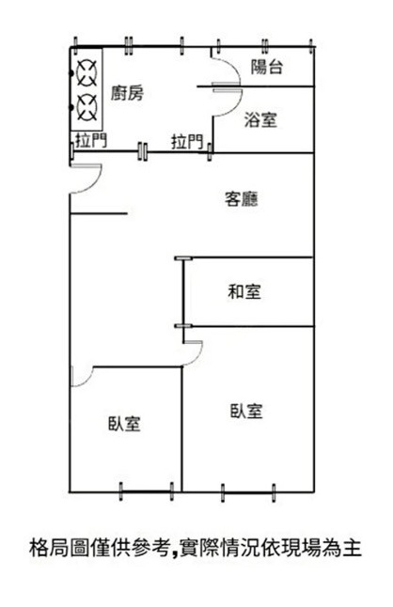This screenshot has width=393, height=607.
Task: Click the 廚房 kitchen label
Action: (127, 93)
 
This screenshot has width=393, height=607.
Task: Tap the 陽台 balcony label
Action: (267, 67)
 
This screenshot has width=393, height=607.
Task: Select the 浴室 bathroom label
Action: (260, 119)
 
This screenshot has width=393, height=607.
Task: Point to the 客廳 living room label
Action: (242, 199)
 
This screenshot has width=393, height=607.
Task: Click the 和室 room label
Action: (244, 291)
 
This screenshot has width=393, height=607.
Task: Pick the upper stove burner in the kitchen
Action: (86, 72)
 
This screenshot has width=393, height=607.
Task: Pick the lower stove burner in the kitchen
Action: (86, 106)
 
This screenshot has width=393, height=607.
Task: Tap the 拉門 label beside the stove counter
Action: (91, 140)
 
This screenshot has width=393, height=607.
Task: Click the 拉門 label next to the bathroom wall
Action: (187, 142)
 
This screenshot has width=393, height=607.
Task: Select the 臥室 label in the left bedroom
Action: (124, 424)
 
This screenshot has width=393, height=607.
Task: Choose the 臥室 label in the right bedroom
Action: (246, 411)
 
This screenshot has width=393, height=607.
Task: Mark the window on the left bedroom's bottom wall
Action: (147, 491)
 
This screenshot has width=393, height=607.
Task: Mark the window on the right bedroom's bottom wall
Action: (248, 492)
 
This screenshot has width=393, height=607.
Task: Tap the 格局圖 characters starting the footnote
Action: (59, 548)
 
